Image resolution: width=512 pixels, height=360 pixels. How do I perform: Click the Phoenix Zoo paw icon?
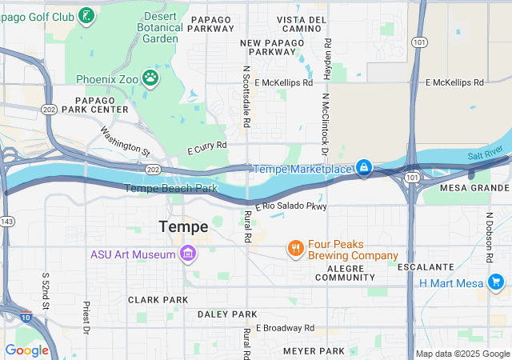[x=150, y=78]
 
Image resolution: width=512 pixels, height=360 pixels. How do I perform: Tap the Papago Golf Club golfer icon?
[x=86, y=14]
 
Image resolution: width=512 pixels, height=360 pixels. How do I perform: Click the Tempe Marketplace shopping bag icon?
[x=363, y=167]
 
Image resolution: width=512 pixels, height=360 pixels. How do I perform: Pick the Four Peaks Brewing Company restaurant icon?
[x=296, y=249]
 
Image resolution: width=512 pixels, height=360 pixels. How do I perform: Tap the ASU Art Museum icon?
[x=188, y=254]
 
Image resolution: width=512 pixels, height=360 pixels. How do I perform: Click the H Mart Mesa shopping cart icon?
[x=496, y=282]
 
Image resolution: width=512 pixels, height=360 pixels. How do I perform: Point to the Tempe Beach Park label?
[x=171, y=189]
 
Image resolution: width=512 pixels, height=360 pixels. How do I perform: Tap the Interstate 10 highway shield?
[x=25, y=318]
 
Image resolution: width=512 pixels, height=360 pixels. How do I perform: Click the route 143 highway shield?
[x=7, y=220]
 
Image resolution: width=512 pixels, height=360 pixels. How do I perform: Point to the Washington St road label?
[x=126, y=140]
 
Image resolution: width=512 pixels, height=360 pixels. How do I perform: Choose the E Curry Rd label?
[x=207, y=148]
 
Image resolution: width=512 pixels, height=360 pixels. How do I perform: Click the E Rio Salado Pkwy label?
[x=291, y=206]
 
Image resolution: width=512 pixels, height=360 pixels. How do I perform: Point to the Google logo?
[x=26, y=350]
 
